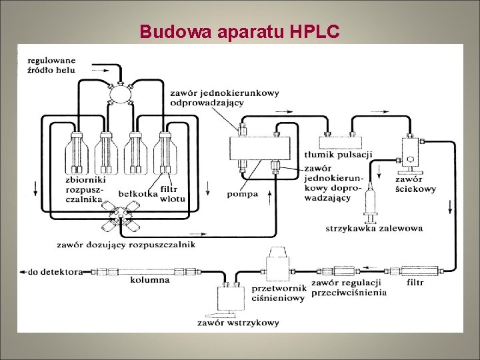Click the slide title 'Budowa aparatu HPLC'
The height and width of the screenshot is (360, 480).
pyautogui.click(x=240, y=31)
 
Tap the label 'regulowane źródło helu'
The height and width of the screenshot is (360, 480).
pyautogui.click(x=51, y=65)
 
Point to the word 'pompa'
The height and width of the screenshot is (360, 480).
pyautogui.click(x=243, y=194)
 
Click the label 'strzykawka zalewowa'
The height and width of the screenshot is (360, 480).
pyautogui.click(x=374, y=228)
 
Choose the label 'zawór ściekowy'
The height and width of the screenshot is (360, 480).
pyautogui.click(x=415, y=184)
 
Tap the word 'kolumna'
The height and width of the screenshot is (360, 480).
pyautogui.click(x=149, y=280)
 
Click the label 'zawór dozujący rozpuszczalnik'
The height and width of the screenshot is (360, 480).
pyautogui.click(x=126, y=245)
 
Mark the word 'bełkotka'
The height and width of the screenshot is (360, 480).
pyautogui.click(x=137, y=193)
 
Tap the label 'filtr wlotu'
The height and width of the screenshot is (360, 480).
pyautogui.click(x=173, y=193)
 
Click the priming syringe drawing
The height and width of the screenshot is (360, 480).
pyautogui.click(x=370, y=203)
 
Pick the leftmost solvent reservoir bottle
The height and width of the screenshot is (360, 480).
pyautogui.click(x=76, y=153)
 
